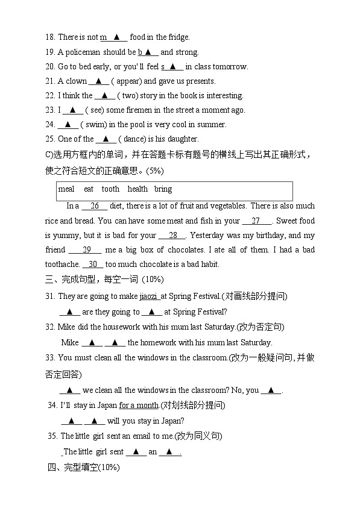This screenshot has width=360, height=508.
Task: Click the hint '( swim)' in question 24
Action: click(x=93, y=125)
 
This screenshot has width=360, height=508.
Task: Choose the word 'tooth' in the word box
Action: click(x=110, y=189)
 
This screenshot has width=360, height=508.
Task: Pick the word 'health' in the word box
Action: click(x=137, y=189)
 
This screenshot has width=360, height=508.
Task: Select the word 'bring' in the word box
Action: click(x=163, y=189)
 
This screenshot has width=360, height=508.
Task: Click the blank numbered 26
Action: click(x=94, y=206)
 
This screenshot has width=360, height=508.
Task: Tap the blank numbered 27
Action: click(x=257, y=221)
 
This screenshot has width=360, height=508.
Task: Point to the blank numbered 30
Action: click(x=92, y=264)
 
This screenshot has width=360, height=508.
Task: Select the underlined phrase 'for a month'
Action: click(x=139, y=406)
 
